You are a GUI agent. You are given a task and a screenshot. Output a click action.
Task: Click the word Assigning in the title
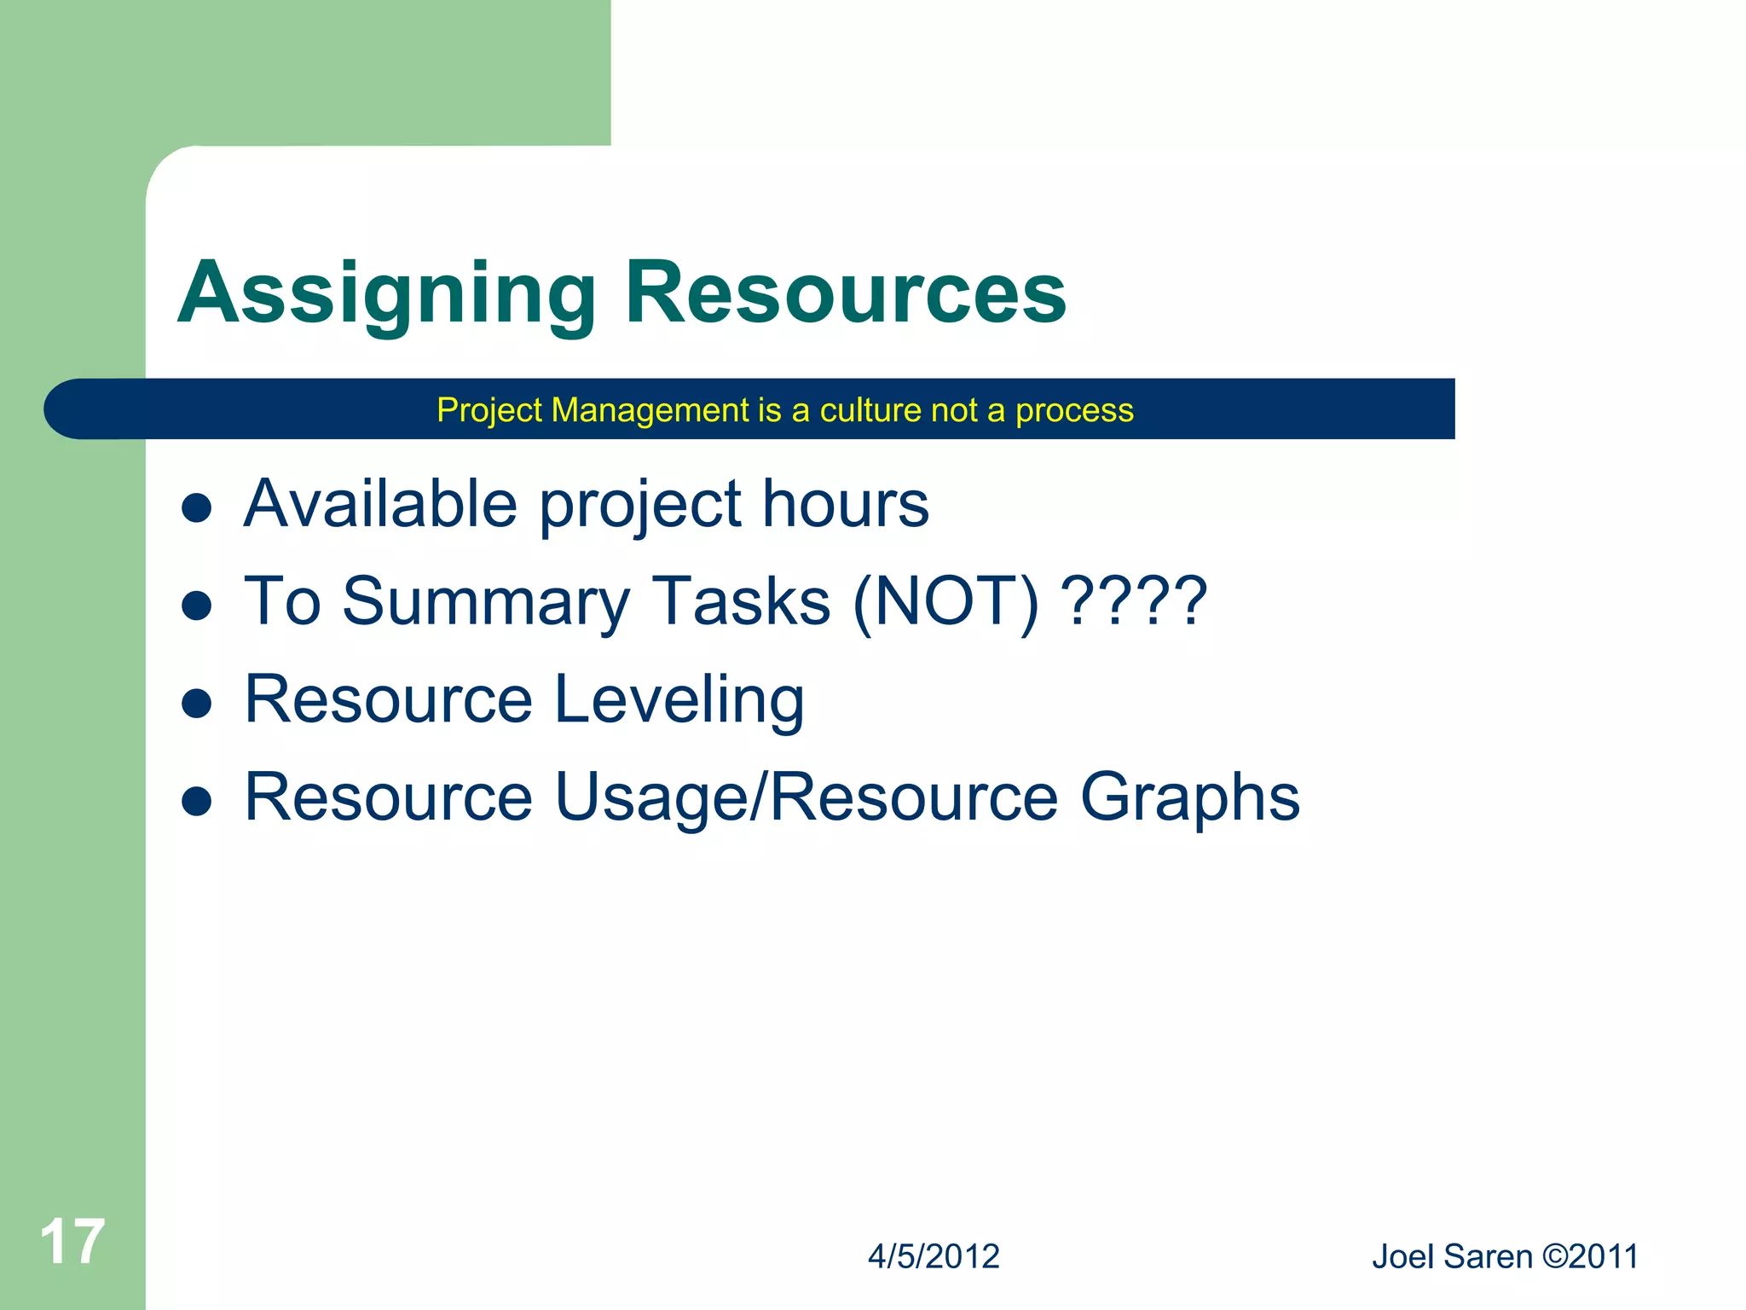coord(386,293)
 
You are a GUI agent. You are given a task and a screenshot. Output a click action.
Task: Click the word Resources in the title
coord(845,293)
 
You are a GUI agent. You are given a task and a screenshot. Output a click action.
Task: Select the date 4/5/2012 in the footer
coord(934,1257)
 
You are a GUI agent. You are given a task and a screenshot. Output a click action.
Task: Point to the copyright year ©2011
coord(1591,1257)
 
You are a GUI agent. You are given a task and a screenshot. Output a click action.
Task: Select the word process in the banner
coord(1074,410)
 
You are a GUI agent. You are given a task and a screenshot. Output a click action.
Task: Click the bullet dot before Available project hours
coord(197,508)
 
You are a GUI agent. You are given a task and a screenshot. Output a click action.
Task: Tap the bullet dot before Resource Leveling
coord(197,704)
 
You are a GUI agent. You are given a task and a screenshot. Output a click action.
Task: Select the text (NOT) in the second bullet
coord(945,602)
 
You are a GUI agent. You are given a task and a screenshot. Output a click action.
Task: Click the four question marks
coord(1136,602)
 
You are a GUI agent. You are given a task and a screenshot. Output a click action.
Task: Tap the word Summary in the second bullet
coord(486,602)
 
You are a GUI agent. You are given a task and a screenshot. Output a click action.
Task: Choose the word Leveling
coord(679,699)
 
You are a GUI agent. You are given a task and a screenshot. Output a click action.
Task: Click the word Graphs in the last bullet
coord(1189,798)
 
